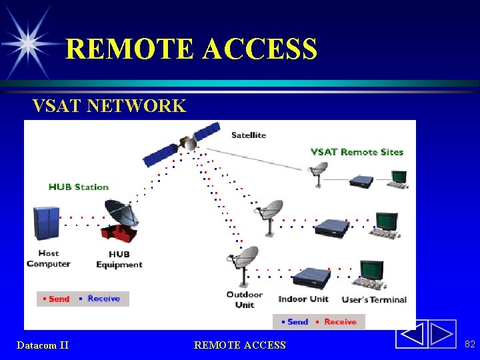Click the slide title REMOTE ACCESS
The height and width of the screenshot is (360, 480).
pyautogui.click(x=191, y=49)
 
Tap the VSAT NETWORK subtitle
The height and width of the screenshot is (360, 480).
pyautogui.click(x=109, y=106)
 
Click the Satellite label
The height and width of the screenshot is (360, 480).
pyautogui.click(x=249, y=135)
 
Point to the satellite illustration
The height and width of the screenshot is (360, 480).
pyautogui.click(x=181, y=143)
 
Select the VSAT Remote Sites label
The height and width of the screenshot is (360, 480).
pyautogui.click(x=357, y=152)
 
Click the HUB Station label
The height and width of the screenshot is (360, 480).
pyautogui.click(x=78, y=187)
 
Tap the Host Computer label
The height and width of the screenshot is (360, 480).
pyautogui.click(x=48, y=259)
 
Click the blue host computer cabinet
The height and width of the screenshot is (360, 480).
pyautogui.click(x=46, y=223)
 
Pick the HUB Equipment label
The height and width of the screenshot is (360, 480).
pyautogui.click(x=119, y=259)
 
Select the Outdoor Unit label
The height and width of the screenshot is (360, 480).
pyautogui.click(x=245, y=299)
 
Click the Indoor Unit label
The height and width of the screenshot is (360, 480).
pyautogui.click(x=303, y=299)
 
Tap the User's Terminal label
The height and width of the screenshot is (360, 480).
pyautogui.click(x=374, y=299)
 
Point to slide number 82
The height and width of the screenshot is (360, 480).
pyautogui.click(x=470, y=344)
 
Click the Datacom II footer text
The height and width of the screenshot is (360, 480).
pyautogui.click(x=43, y=345)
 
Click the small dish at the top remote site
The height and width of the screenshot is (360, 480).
pyautogui.click(x=319, y=171)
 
